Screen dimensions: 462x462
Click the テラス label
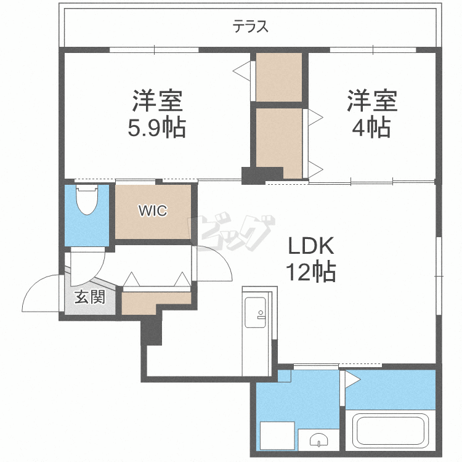[251, 27]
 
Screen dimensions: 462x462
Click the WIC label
[152, 211]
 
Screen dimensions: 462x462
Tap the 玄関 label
[89, 298]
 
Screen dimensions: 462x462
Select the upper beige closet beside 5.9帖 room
[278, 77]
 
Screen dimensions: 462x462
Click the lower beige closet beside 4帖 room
[278, 139]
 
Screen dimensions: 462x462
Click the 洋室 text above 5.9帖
[156, 100]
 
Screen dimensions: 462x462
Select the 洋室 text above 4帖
[371, 100]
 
